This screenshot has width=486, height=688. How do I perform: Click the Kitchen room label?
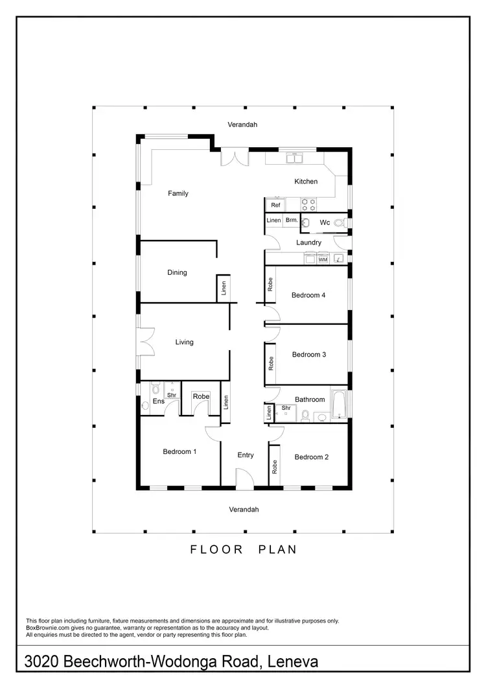[306, 182]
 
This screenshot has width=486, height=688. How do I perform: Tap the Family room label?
[178, 193]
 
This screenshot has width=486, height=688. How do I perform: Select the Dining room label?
[177, 272]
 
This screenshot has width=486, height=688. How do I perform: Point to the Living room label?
[185, 342]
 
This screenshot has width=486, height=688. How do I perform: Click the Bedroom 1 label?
[179, 451]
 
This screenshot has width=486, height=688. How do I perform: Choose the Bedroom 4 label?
[308, 295]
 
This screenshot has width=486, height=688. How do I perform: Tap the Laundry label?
[308, 243]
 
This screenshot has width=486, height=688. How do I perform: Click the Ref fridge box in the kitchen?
[275, 205]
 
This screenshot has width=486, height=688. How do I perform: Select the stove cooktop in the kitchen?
[309, 204]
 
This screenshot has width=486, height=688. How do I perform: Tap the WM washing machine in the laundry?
[322, 259]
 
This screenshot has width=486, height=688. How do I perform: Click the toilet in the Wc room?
[307, 223]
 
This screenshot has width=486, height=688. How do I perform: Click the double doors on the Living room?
[146, 342]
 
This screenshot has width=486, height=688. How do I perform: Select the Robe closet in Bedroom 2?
[275, 466]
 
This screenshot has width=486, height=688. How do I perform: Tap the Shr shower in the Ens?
[172, 395]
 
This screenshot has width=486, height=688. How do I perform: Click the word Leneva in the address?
[289, 662]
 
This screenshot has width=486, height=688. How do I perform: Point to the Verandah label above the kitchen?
[242, 124]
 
